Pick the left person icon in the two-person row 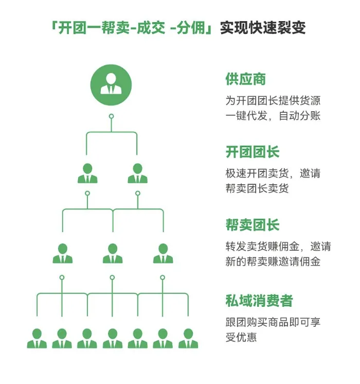(87, 173)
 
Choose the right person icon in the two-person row (137, 173)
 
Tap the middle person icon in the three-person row (112, 253)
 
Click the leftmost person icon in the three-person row (62, 253)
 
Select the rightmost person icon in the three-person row (163, 253)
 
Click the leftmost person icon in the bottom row (37, 338)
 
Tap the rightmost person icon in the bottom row (188, 338)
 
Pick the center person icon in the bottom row (112, 338)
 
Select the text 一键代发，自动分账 (273, 115)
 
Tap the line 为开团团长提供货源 (273, 100)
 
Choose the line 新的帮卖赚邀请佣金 (273, 261)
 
